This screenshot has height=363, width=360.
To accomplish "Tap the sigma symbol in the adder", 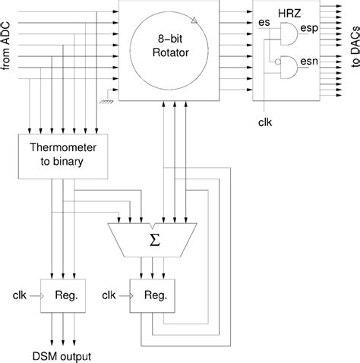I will point(153,240).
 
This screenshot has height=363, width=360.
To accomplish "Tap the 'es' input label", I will point(265,24).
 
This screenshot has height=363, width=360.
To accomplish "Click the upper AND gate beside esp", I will point(287,31).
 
